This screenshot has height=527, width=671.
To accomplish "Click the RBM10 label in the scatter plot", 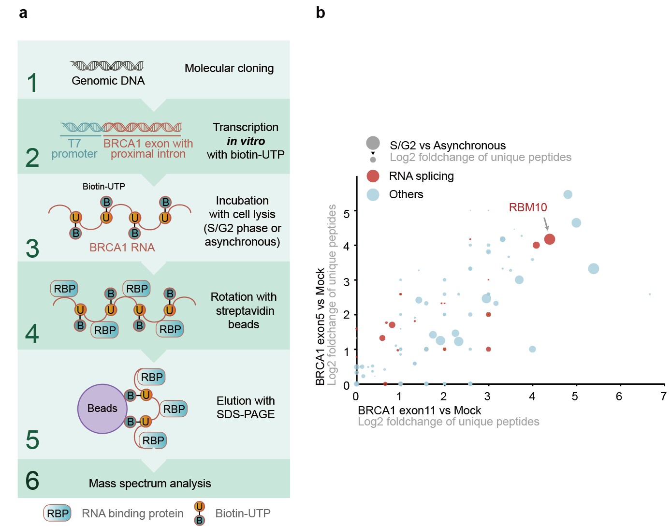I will click(x=527, y=207).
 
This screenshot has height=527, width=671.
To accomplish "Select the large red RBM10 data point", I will click(x=549, y=239).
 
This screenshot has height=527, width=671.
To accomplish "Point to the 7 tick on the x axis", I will click(x=663, y=396).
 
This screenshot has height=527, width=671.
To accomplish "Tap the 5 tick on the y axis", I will click(x=346, y=213).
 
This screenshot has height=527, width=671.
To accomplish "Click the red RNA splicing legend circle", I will click(x=373, y=176).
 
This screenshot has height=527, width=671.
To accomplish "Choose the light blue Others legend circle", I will click(x=373, y=194).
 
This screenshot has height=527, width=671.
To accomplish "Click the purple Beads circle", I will click(x=102, y=409).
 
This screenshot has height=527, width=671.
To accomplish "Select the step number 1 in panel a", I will click(x=32, y=83).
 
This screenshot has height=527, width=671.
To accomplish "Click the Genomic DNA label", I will click(x=108, y=81).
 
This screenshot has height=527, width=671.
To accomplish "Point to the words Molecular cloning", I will click(x=229, y=68).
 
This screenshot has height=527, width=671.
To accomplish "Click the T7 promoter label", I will click(x=74, y=148).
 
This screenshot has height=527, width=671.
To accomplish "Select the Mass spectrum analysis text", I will click(x=150, y=483).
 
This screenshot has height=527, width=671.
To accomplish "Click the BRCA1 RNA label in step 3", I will click(x=122, y=248).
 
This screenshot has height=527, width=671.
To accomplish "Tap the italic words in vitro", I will click(x=246, y=141).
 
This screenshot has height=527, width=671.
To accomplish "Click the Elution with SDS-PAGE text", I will click(x=246, y=408).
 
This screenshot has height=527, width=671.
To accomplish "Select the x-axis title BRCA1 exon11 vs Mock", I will click(x=419, y=410).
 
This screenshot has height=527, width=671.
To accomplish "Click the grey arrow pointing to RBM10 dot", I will click(x=546, y=224).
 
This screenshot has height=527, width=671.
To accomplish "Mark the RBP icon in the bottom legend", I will click(x=58, y=513).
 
